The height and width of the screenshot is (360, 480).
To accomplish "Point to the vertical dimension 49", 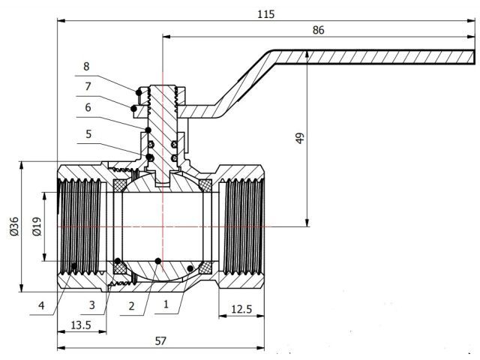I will click(300, 139).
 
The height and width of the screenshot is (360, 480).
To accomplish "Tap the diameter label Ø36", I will click(14, 227).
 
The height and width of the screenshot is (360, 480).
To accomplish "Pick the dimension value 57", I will click(160, 340).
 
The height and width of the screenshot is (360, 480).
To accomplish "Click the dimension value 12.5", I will click(241, 309).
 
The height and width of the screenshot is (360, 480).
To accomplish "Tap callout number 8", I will click(88, 65).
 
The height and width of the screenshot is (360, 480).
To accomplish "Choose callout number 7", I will click(88, 86).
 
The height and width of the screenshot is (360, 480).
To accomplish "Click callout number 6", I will click(88, 107).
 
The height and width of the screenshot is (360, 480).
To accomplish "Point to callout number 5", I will click(88, 135).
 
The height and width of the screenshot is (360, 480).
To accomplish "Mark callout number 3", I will click(91, 305).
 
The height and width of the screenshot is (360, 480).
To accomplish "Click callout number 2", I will click(131, 305).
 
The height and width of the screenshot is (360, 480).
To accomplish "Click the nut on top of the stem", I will click(162, 94).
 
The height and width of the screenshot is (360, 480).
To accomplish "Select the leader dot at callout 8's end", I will click(138, 91).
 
